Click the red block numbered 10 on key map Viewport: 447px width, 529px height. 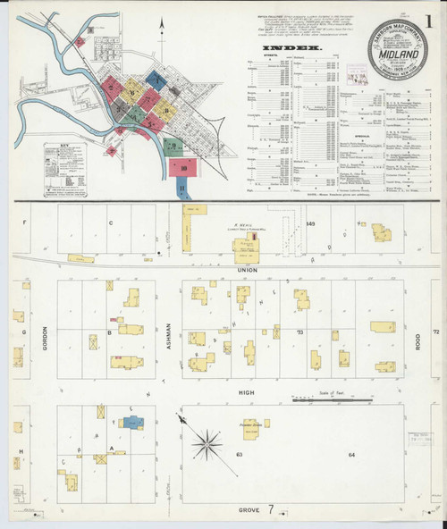(183, 167)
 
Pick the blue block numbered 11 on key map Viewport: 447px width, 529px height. (182, 189)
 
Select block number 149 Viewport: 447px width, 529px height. (311, 223)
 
